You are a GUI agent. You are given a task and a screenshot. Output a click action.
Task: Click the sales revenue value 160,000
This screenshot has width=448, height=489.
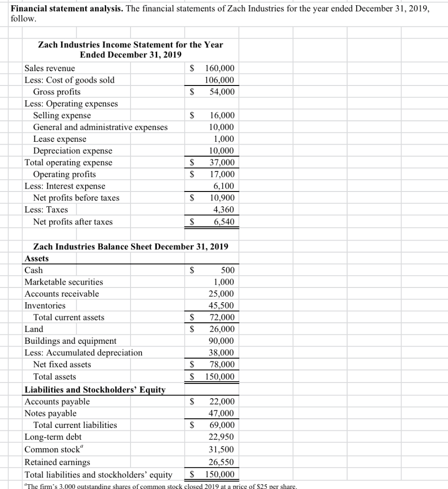219,68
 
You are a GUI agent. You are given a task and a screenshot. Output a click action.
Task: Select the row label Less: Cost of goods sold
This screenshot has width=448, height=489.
69,80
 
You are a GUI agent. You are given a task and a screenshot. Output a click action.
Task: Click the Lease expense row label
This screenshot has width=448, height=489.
60,139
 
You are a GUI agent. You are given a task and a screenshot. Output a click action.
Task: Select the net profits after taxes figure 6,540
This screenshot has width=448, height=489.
224,222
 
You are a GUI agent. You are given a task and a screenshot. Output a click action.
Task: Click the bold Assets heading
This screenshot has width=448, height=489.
36,258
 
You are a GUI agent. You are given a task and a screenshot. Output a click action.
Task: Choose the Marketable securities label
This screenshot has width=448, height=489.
64,282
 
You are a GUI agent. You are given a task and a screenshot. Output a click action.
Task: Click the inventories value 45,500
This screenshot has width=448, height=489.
222,306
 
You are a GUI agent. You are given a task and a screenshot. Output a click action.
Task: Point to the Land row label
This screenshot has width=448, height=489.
33,329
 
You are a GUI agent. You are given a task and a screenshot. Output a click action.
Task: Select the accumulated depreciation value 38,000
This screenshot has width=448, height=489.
222,353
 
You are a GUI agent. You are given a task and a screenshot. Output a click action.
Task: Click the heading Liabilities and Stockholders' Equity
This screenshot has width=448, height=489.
95,390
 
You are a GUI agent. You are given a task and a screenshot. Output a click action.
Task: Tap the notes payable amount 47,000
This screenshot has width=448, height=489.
222,414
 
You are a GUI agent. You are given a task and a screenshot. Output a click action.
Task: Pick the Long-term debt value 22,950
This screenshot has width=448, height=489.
222,437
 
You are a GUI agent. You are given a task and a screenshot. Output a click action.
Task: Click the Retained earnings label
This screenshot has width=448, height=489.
57,462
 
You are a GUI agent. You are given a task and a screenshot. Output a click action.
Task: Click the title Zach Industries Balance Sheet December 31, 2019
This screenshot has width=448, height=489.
131,246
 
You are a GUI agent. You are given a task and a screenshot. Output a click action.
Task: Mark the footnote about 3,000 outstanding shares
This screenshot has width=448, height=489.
160,486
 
